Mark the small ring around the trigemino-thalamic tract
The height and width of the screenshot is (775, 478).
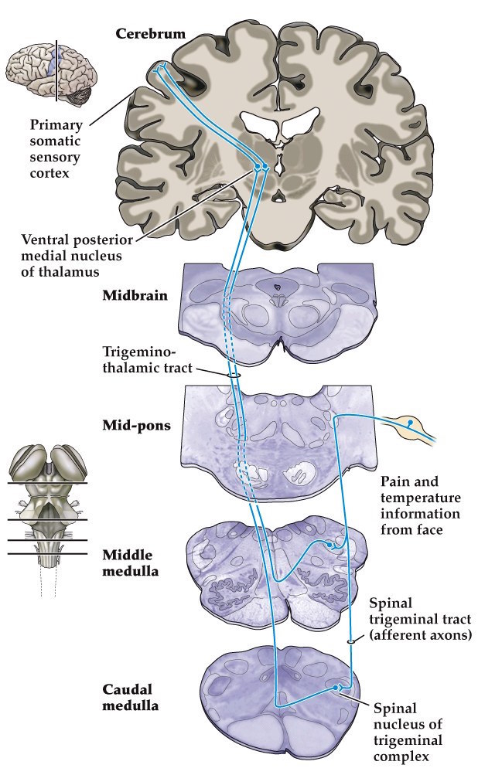(x=233, y=376)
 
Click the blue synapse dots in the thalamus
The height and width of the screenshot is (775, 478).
(x=261, y=166)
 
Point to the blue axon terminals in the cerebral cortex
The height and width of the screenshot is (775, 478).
(x=160, y=69)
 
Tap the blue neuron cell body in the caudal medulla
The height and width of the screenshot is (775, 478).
(x=337, y=686)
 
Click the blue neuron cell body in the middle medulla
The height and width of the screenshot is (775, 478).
(x=330, y=546)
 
